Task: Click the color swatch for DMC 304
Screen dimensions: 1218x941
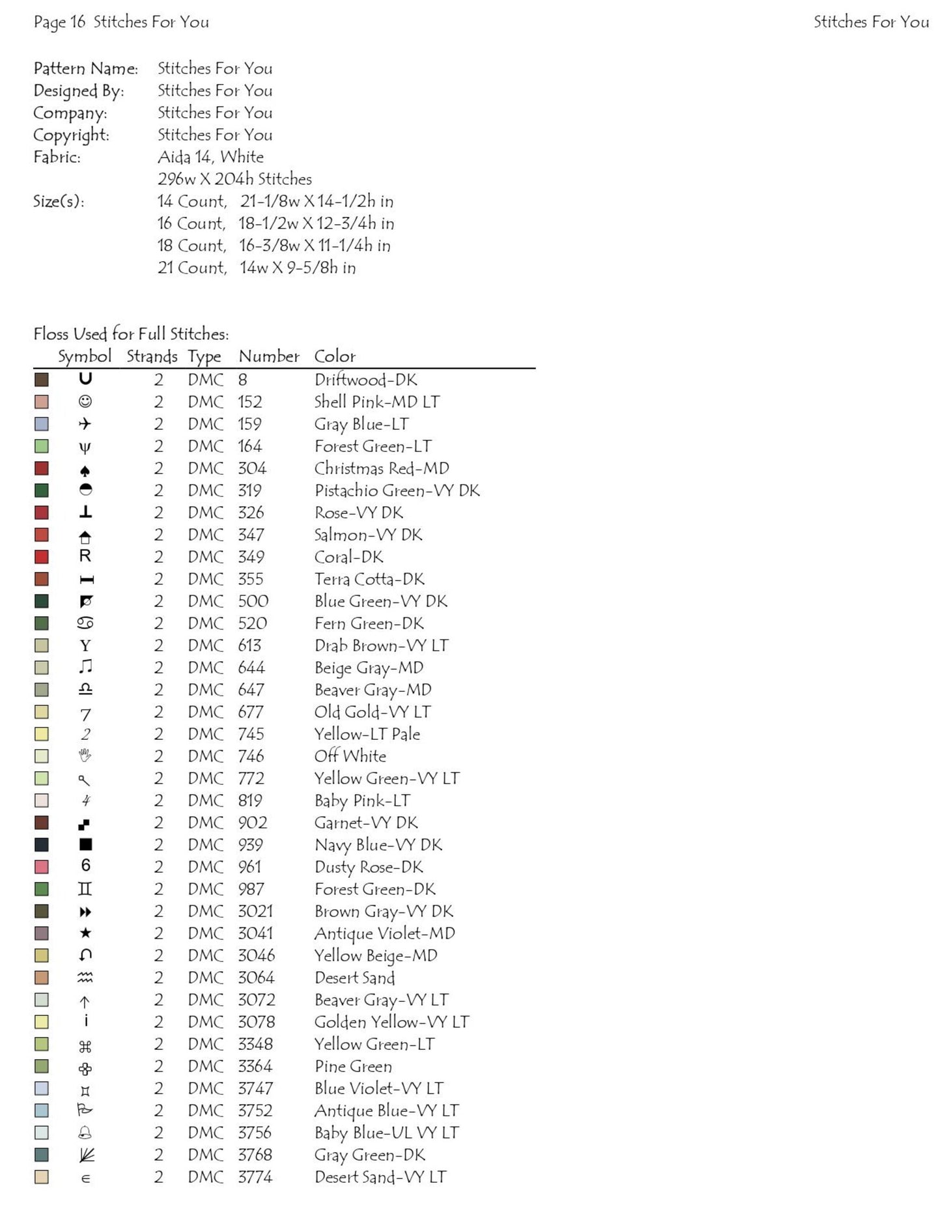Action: pos(42,469)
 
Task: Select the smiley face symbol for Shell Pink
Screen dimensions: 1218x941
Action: pos(85,402)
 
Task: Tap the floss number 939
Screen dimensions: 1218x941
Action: pos(251,845)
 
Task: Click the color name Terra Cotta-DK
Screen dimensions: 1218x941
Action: pos(369,580)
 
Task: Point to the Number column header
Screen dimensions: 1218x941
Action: pos(269,356)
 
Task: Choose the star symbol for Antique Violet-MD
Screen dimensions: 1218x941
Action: pos(85,933)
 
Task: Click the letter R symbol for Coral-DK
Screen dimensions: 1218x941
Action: pos(85,556)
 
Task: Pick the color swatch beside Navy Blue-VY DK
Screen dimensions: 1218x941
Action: pos(42,845)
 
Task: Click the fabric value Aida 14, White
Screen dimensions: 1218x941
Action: pos(210,157)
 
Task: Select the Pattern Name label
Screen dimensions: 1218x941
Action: pos(86,69)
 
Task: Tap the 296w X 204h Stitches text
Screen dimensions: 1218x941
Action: pos(234,179)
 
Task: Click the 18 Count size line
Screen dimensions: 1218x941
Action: pos(274,246)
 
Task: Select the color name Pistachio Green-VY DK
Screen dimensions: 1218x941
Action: pos(397,491)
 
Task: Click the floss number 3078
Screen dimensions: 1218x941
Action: pos(257,1022)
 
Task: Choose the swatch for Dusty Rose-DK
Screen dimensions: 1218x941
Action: pos(42,867)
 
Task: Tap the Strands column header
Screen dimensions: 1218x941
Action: pos(152,356)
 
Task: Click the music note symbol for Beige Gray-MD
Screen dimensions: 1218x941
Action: pos(85,667)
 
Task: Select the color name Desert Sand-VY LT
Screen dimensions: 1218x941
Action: pos(380,1177)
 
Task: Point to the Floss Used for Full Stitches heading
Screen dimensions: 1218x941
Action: pos(131,334)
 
